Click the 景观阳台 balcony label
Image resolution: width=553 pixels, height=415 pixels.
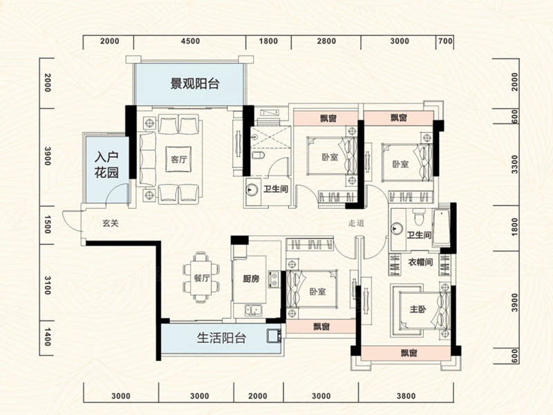195,85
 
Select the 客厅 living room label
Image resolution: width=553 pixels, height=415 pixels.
179,158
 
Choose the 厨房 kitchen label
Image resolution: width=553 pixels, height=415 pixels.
252,280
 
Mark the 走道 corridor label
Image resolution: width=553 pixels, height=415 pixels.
356,223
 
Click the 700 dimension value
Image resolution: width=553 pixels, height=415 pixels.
445,41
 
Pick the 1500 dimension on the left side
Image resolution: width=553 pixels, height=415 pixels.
48,224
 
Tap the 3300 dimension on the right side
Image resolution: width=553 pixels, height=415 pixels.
514,165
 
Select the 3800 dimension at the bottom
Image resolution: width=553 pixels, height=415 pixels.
406,396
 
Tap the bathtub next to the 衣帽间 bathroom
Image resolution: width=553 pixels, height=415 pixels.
440,228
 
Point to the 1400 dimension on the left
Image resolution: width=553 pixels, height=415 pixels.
48,339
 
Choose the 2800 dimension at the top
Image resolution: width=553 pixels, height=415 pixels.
326,41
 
